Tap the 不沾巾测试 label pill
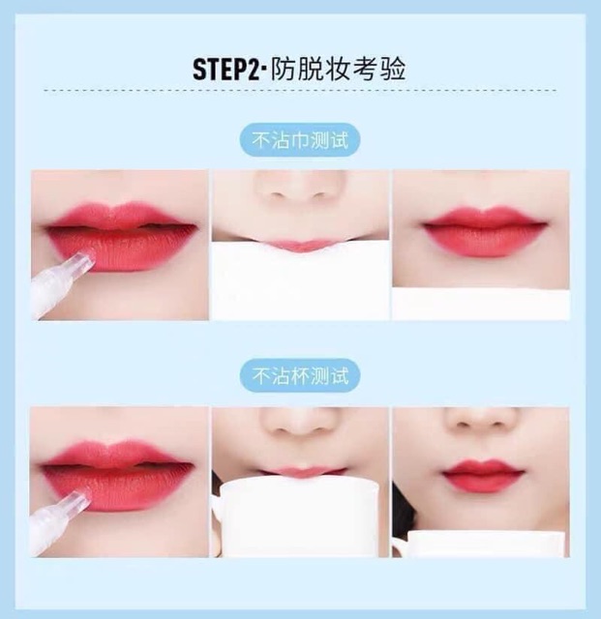(x=299, y=140)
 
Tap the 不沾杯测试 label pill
(x=299, y=374)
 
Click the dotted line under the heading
(x=300, y=91)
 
